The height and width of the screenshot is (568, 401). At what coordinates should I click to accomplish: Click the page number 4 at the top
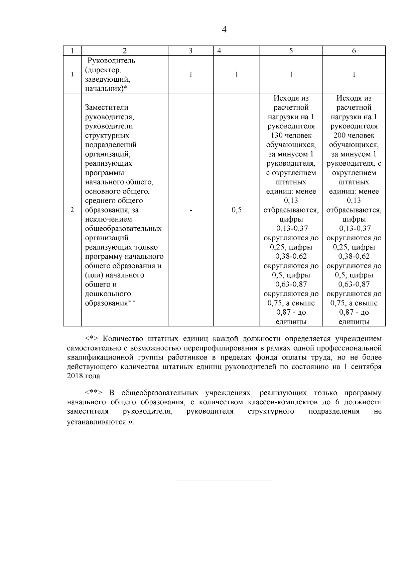tap(224, 30)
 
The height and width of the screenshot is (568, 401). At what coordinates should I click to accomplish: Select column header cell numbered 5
tap(291, 51)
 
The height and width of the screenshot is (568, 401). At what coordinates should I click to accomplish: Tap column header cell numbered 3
tap(190, 51)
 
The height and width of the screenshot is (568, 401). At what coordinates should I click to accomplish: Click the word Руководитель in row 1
tap(111, 61)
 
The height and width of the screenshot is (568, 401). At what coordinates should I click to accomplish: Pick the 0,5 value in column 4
tap(236, 210)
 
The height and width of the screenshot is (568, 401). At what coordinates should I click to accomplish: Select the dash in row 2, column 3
tap(190, 210)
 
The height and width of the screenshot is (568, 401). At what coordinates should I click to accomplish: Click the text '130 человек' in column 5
tap(291, 136)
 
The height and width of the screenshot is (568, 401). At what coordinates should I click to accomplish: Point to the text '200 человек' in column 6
tap(354, 136)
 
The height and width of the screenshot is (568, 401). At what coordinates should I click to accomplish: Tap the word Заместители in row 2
tap(107, 107)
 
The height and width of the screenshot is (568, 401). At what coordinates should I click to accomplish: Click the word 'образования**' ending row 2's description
tap(110, 303)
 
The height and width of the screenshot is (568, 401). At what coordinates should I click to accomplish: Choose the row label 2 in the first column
tap(72, 210)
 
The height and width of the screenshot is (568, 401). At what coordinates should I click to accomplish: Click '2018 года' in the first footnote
tap(84, 376)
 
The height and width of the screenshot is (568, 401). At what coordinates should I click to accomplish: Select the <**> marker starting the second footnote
tap(94, 393)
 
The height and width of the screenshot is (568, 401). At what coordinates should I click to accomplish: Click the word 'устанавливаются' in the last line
tap(96, 422)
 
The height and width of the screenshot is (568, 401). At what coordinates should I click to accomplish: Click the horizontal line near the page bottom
tap(224, 481)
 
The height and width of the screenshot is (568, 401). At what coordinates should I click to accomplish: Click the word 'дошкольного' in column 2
tap(108, 294)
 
